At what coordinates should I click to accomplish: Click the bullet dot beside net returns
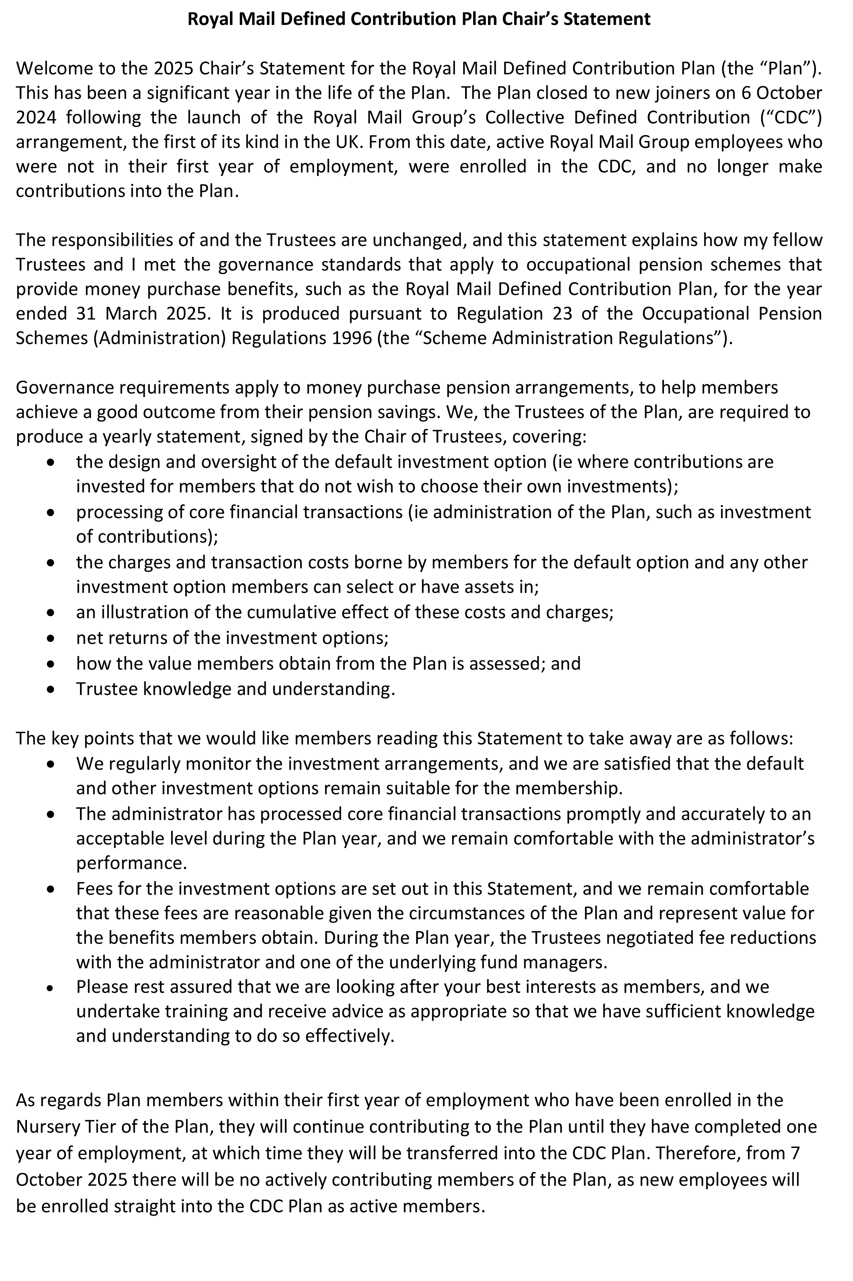point(51,638)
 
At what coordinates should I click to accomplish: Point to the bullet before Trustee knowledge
point(51,689)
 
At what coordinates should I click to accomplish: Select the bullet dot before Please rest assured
point(51,987)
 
